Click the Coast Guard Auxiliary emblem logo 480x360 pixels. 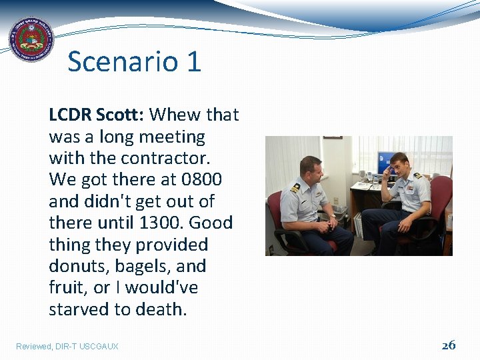(30, 40)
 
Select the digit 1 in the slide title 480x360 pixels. (193, 62)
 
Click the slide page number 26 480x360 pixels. (449, 345)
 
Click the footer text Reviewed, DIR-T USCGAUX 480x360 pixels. (67, 346)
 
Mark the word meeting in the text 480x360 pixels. (173, 137)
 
